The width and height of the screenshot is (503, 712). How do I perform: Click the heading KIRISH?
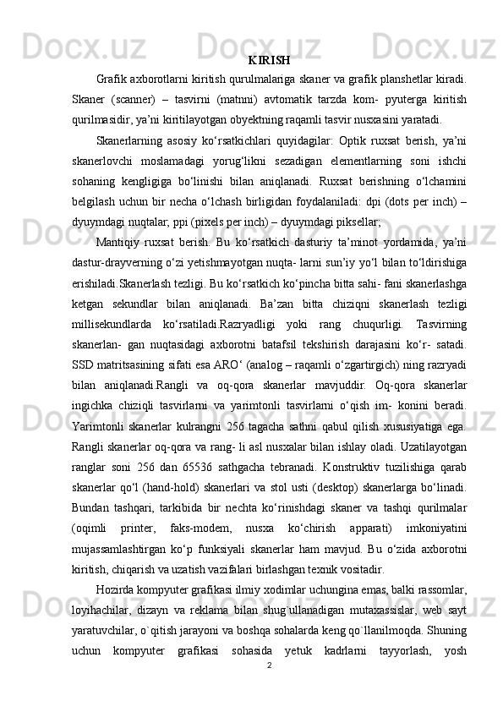(271, 61)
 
